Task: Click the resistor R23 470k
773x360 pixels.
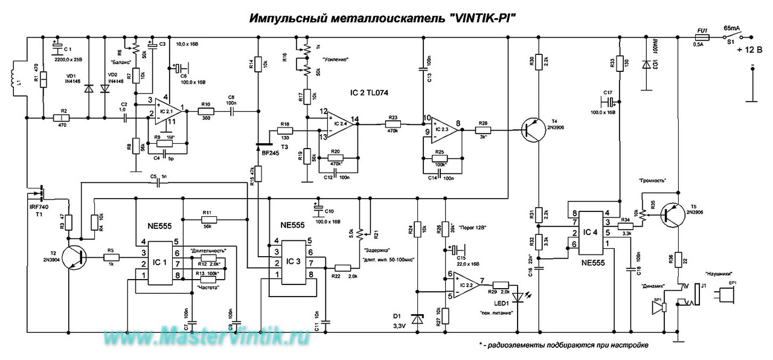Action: [x=393, y=124]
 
